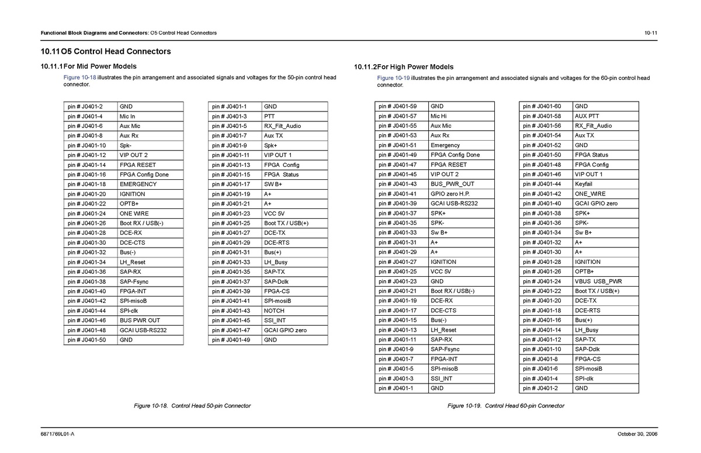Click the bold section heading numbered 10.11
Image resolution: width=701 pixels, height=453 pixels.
point(106,51)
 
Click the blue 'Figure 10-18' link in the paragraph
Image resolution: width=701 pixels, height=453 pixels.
point(80,77)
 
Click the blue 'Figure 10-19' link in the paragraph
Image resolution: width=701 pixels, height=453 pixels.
point(393,78)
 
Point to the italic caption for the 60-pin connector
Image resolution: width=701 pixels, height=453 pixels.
point(506,406)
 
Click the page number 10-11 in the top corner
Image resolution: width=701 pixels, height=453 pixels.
point(651,33)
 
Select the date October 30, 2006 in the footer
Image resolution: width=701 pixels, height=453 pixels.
point(637,433)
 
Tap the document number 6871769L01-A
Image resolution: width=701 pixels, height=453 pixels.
point(57,433)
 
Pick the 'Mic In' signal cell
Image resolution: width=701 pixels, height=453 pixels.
point(127,116)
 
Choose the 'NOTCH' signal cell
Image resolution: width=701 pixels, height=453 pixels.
point(274,311)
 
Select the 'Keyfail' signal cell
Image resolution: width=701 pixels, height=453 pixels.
point(584,184)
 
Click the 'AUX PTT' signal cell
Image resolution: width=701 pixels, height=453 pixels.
point(587,116)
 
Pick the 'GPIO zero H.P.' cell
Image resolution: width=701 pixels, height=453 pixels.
point(450,194)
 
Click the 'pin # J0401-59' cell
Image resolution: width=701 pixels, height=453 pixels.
point(397,106)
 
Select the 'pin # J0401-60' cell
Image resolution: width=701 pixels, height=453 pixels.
point(542,106)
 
